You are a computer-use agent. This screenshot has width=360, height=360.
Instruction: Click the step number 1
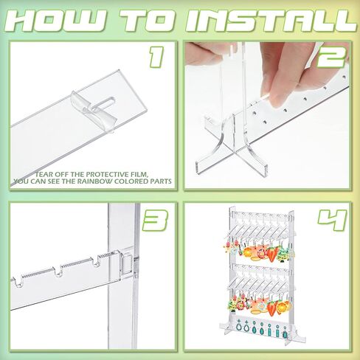click(x=156, y=58)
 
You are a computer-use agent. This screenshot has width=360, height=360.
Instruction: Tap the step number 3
click(x=156, y=221)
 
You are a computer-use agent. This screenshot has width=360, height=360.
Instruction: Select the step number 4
click(x=332, y=220)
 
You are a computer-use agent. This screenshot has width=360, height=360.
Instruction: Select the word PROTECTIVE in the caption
click(x=105, y=175)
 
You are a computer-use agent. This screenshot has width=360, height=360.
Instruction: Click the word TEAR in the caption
click(x=44, y=175)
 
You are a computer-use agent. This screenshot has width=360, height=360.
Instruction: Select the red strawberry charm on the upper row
click(x=272, y=254)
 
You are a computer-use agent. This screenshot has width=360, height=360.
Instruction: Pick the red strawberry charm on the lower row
click(x=272, y=308)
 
